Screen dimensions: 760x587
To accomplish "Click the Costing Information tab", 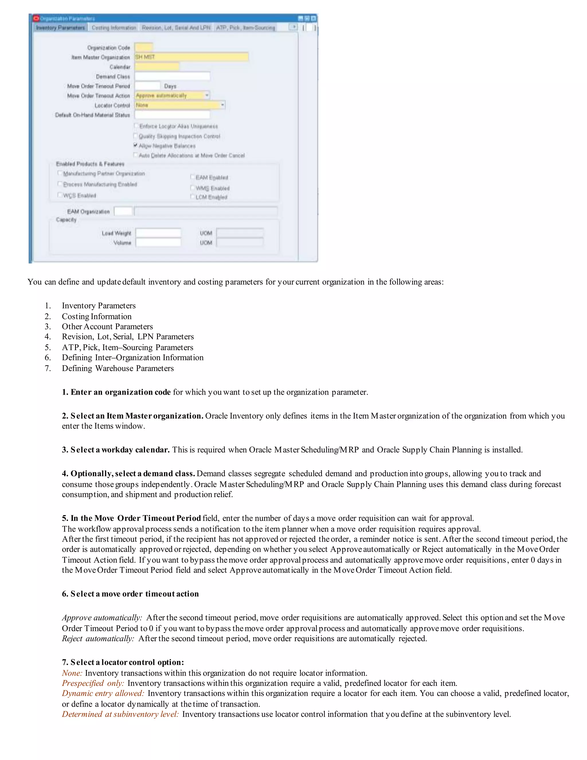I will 114,28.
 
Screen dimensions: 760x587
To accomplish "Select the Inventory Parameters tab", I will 60,28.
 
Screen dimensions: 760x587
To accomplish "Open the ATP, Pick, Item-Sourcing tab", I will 246,28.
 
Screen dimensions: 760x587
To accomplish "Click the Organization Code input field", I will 144,47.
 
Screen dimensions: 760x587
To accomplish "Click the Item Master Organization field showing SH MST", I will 191,57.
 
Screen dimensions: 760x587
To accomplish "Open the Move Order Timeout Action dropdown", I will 207,95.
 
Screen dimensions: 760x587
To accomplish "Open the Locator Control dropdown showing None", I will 222,105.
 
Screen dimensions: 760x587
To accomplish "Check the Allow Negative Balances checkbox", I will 136,145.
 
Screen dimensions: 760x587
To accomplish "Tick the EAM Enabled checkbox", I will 192,177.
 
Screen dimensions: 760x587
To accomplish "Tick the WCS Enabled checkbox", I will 60,195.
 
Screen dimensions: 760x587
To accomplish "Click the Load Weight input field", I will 158,233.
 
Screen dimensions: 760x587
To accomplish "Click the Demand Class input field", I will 172,76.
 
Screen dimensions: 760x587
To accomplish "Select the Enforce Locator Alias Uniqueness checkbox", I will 136,126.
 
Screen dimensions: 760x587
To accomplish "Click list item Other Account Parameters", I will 107,326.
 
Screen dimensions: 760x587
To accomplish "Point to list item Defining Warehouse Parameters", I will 118,368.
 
